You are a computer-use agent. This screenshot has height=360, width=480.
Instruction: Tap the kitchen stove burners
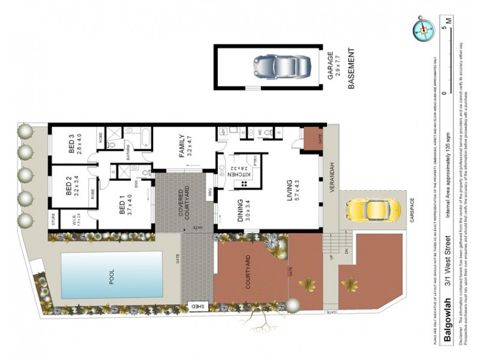[244, 184]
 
